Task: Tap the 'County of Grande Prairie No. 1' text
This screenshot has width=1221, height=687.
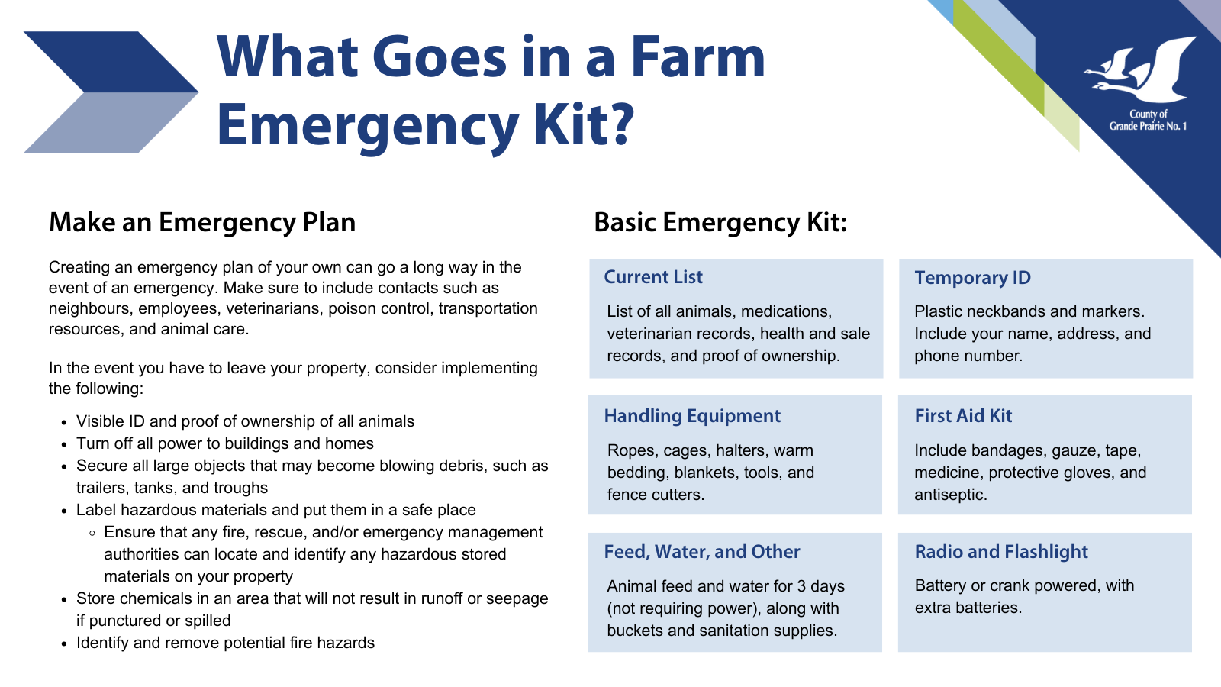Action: pyautogui.click(x=1148, y=121)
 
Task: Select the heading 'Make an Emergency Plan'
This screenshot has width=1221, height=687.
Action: pyautogui.click(x=202, y=222)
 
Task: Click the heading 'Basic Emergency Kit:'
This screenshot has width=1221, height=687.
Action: pyautogui.click(x=720, y=222)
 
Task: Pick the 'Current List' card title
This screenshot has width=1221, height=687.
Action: pyautogui.click(x=653, y=277)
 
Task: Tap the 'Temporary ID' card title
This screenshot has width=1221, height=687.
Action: pyautogui.click(x=972, y=278)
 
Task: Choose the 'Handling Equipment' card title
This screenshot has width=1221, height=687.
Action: pyautogui.click(x=692, y=416)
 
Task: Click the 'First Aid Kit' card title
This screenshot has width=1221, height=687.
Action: pyautogui.click(x=963, y=416)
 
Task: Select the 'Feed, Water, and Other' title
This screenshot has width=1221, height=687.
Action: pyautogui.click(x=702, y=552)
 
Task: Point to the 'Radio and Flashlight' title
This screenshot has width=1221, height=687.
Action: pyautogui.click(x=1001, y=552)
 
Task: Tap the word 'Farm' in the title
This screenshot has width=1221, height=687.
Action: pyautogui.click(x=698, y=56)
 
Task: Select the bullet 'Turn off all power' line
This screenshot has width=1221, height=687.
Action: pyautogui.click(x=224, y=443)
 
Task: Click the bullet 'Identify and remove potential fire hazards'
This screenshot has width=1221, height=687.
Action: pyautogui.click(x=225, y=643)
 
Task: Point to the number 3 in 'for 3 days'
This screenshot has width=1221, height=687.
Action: pyautogui.click(x=801, y=586)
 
